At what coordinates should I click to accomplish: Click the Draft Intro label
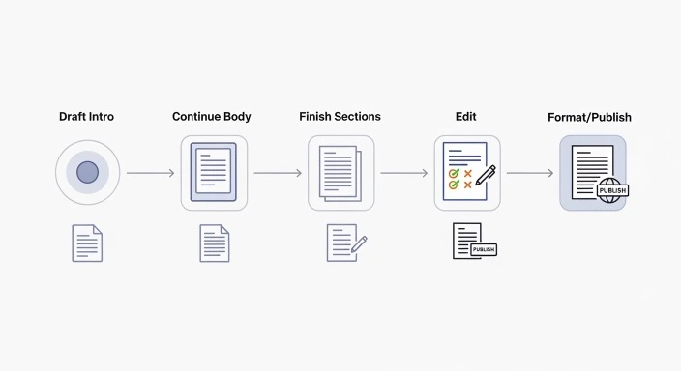[86, 117]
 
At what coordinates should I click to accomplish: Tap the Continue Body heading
[212, 117]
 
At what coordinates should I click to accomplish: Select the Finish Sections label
[340, 117]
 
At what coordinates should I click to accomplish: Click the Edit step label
[465, 117]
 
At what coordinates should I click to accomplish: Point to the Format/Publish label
[589, 118]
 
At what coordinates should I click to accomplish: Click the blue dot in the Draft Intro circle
[87, 173]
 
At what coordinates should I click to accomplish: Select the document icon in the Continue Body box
[214, 172]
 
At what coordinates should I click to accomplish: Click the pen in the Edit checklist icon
[486, 176]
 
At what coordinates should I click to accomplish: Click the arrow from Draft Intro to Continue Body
[150, 174]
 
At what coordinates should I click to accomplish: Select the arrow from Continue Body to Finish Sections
[278, 174]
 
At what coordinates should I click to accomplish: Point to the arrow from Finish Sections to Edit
[403, 174]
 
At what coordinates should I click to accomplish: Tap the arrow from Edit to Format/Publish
[530, 174]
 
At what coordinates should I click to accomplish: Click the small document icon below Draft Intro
[87, 243]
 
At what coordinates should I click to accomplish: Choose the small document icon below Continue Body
[214, 243]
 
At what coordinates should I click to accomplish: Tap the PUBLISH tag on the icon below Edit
[484, 249]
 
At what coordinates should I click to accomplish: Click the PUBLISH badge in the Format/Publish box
[612, 190]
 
